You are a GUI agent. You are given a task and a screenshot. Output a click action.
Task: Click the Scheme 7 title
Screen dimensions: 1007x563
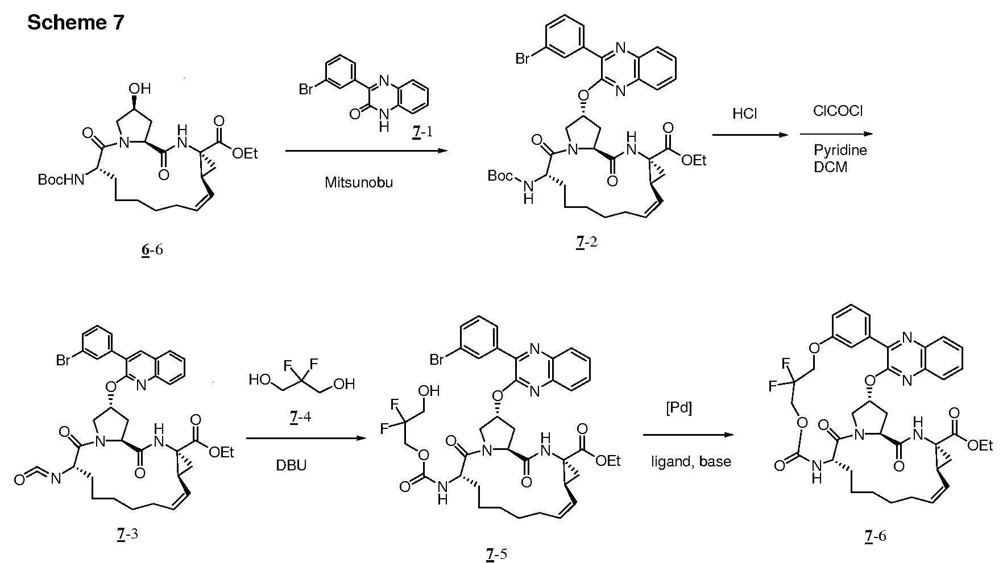[x=75, y=22]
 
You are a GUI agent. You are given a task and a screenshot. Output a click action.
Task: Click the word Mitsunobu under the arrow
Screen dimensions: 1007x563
[x=359, y=182]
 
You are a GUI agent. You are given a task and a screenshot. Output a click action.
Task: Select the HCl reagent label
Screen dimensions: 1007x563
[x=744, y=114]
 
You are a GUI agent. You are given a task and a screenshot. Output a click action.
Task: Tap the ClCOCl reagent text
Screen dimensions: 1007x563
[x=838, y=111]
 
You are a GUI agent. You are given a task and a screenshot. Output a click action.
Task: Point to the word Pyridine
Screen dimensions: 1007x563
[x=840, y=151]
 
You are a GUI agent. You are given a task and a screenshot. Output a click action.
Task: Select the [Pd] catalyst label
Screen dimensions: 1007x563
[x=678, y=409]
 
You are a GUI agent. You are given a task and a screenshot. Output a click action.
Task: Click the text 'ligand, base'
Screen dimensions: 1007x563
[x=691, y=462]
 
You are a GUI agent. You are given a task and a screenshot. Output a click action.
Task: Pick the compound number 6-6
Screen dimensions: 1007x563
[x=152, y=249]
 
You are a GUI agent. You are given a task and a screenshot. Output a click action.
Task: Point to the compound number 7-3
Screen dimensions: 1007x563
[x=127, y=535]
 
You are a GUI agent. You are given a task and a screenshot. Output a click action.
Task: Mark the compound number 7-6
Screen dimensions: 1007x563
[x=875, y=535]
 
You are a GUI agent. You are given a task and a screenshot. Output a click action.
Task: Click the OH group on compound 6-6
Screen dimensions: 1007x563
[x=140, y=88]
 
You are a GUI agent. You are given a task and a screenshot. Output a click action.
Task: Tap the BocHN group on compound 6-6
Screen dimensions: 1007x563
[x=60, y=180]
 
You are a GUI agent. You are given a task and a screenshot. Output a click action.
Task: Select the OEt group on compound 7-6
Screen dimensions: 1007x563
[x=980, y=445]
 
